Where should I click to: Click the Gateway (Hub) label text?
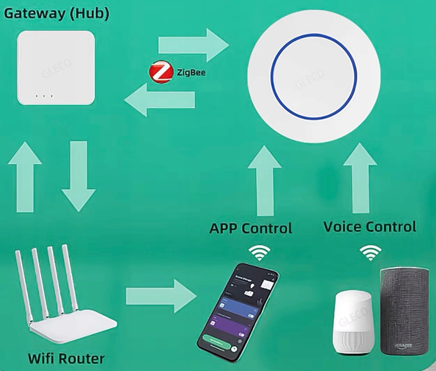(x=56, y=13)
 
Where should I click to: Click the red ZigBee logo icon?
(x=161, y=73)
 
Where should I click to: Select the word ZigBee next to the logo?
(x=191, y=73)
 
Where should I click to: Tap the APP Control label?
(x=251, y=228)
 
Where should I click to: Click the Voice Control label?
(x=370, y=227)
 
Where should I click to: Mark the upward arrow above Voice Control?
(x=360, y=178)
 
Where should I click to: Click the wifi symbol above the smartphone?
(x=259, y=253)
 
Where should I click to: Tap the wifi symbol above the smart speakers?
(x=370, y=253)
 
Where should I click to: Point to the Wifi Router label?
(x=66, y=358)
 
